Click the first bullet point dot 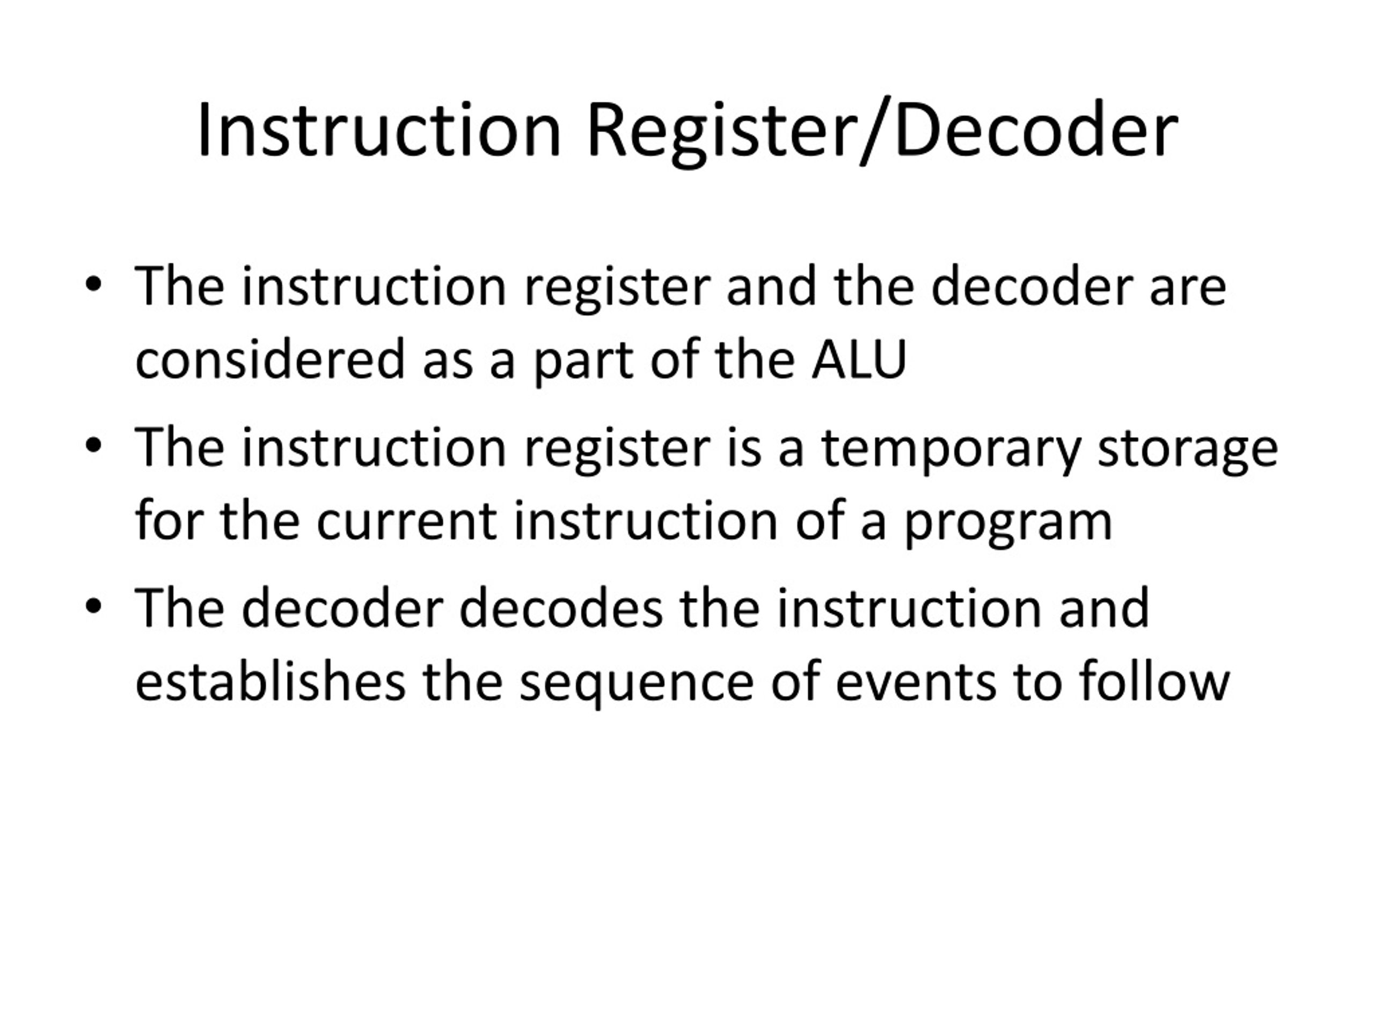coord(93,285)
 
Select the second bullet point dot coord(93,446)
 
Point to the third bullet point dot coord(93,607)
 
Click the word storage coord(1187,448)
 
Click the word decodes coord(561,608)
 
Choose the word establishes coord(270,682)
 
